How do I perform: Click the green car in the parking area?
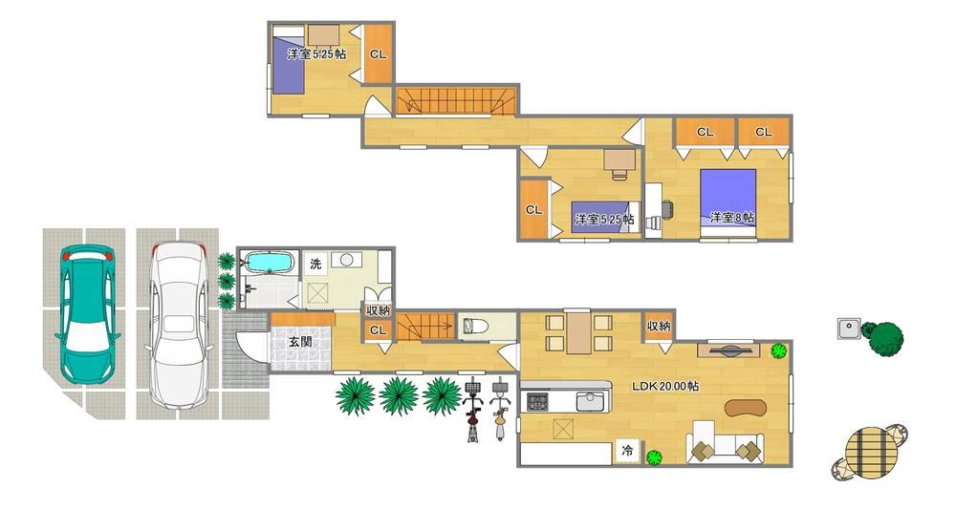pyautogui.click(x=87, y=314)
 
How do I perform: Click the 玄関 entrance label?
pyautogui.click(x=300, y=342)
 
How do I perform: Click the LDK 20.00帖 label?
pyautogui.click(x=665, y=386)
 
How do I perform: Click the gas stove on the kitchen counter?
pyautogui.click(x=537, y=401)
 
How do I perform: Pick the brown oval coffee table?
pyautogui.click(x=745, y=408)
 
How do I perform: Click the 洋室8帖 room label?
pyautogui.click(x=732, y=217)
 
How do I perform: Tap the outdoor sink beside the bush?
pyautogui.click(x=848, y=329)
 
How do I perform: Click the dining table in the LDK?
pyautogui.click(x=578, y=331)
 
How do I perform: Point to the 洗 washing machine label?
pyautogui.click(x=315, y=265)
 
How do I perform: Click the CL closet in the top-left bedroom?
pyautogui.click(x=378, y=53)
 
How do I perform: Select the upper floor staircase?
pyautogui.click(x=456, y=101)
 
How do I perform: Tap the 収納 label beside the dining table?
pyautogui.click(x=659, y=327)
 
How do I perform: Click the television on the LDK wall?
pyautogui.click(x=728, y=350)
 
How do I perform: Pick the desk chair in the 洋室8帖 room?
pyautogui.click(x=667, y=209)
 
